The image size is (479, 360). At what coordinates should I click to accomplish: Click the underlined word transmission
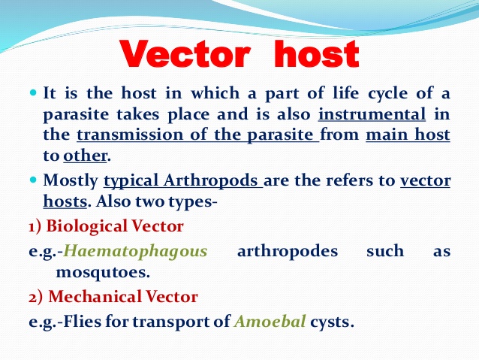(131, 136)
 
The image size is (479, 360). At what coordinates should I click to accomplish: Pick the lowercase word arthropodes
(288, 251)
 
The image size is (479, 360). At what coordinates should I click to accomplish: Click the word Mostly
(71, 180)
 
